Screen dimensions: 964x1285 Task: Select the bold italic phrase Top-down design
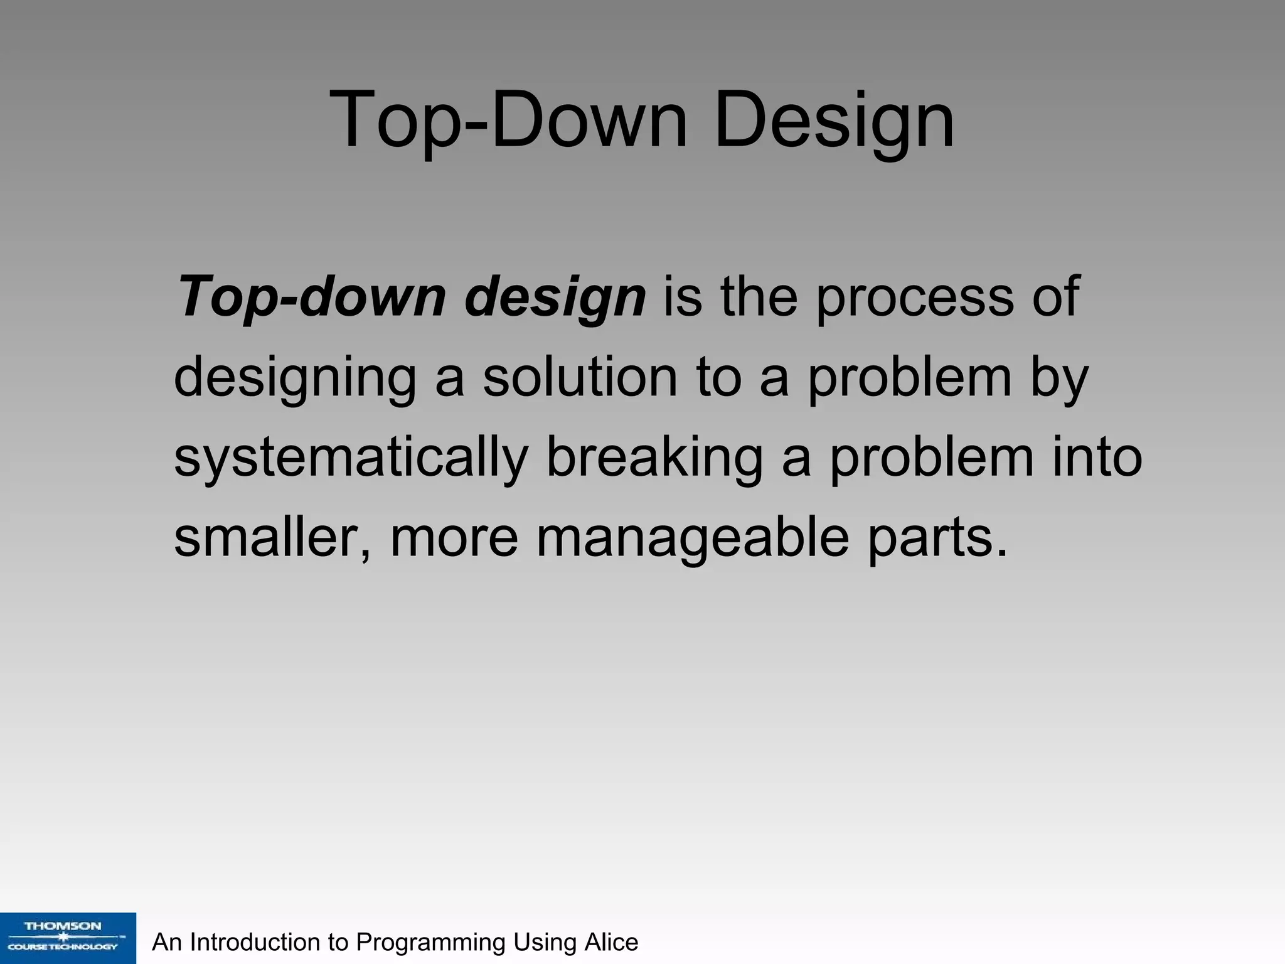click(412, 297)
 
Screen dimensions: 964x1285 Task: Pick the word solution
click(580, 378)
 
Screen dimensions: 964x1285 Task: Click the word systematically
click(350, 458)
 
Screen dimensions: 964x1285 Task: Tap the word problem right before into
click(931, 458)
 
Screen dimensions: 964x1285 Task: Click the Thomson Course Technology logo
click(68, 938)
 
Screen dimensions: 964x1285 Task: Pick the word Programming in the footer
click(430, 943)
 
